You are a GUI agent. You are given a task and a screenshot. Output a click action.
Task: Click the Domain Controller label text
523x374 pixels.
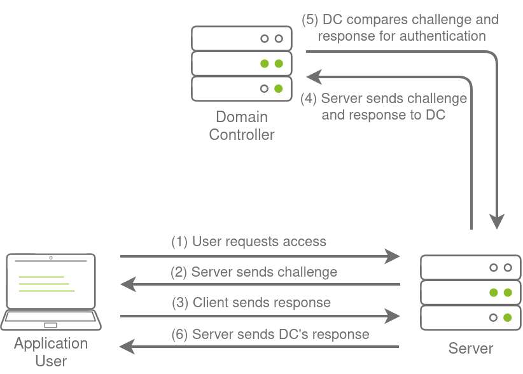click(x=242, y=125)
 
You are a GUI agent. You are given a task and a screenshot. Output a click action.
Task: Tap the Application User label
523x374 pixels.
click(x=51, y=352)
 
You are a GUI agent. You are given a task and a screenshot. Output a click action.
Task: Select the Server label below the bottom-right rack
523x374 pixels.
click(x=470, y=348)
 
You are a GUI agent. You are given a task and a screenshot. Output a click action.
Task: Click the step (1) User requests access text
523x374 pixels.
click(x=249, y=242)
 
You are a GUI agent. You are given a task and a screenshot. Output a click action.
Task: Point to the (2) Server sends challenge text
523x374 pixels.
click(x=254, y=272)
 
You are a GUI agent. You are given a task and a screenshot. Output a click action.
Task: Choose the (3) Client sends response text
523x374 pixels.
click(x=251, y=303)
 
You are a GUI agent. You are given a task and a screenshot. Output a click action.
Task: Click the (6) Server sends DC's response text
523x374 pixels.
click(x=270, y=334)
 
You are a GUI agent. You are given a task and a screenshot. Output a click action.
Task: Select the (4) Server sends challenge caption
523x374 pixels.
click(x=384, y=107)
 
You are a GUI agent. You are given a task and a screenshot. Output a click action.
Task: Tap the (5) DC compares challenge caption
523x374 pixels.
click(x=400, y=28)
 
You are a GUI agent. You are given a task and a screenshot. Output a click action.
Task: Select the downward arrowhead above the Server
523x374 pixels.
click(x=497, y=221)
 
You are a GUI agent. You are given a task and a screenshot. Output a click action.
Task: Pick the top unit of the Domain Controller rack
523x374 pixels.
click(x=242, y=38)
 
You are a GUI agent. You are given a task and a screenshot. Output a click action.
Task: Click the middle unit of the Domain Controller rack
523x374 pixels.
click(x=242, y=64)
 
